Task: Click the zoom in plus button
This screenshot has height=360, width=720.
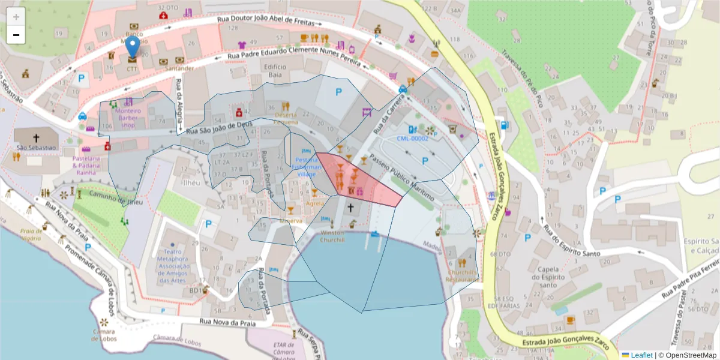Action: (x=16, y=17)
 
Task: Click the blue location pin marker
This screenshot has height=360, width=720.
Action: (x=133, y=47)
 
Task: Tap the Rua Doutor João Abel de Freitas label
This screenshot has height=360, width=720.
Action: (x=273, y=20)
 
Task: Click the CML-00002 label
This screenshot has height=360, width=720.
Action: (x=413, y=139)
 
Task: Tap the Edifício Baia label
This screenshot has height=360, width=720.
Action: (x=275, y=71)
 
